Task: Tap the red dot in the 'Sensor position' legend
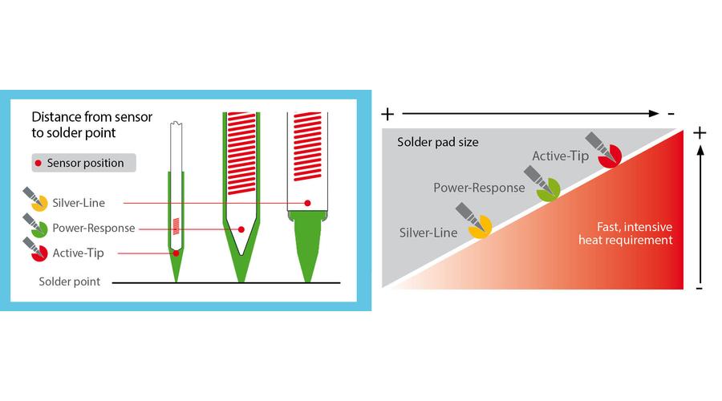[38, 163]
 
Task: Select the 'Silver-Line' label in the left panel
[79, 203]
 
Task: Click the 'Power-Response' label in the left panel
[94, 228]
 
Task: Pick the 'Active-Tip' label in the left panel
[79, 253]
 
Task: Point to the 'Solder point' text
[70, 282]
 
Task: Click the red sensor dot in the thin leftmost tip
[176, 253]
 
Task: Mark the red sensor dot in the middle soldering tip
[241, 229]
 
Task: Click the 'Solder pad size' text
[438, 143]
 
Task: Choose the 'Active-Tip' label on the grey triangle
[558, 157]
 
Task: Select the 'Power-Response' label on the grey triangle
[479, 188]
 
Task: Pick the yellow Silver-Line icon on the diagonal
[480, 229]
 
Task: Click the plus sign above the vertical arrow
[699, 133]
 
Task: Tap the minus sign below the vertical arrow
[699, 287]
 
